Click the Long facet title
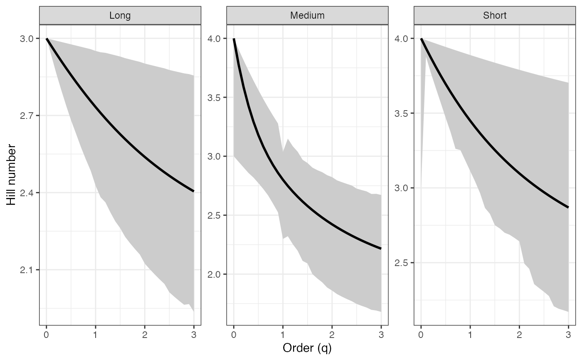point(120,16)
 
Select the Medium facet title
point(307,16)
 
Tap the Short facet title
point(495,16)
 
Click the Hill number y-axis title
point(11,175)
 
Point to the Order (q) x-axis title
point(307,348)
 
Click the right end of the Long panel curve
point(194,191)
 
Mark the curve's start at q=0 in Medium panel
point(234,39)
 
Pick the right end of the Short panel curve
point(568,207)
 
